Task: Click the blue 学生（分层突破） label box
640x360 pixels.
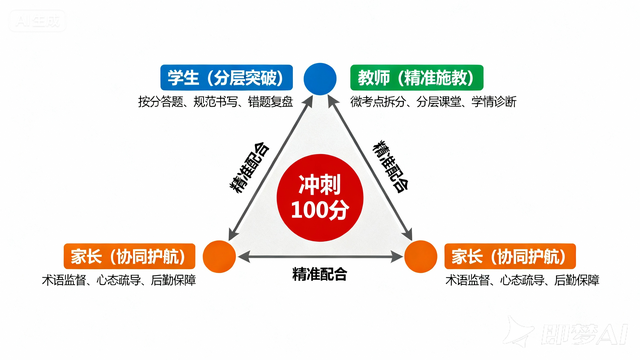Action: coord(227,78)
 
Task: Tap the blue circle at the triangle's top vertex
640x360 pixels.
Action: coord(319,77)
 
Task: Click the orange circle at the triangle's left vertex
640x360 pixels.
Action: coord(218,256)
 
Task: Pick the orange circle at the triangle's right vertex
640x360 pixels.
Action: coord(420,256)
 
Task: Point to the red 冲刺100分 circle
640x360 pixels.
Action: coord(319,197)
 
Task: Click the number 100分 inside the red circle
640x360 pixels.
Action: coord(319,210)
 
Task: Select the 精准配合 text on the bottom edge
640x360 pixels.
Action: coord(319,273)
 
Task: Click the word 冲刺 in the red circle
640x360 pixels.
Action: coord(319,184)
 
